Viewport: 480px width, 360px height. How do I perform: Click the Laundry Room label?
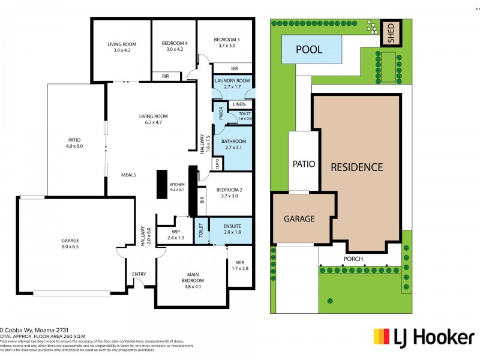click(x=232, y=84)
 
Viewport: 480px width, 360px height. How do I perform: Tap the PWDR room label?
click(x=220, y=114)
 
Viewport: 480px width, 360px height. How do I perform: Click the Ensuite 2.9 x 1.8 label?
click(x=231, y=229)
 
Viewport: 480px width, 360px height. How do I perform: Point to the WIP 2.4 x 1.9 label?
click(x=176, y=234)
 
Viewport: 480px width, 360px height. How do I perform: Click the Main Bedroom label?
click(x=193, y=278)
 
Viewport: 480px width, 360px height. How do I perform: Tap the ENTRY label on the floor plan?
click(x=139, y=274)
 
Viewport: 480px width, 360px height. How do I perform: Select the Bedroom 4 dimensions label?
click(x=175, y=49)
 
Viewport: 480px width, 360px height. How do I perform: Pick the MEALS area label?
click(x=128, y=175)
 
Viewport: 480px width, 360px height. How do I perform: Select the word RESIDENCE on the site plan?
click(x=358, y=167)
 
